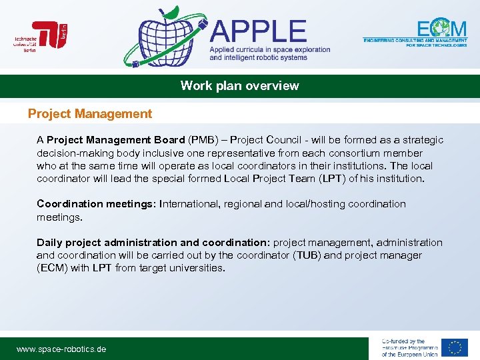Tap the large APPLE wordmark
pyautogui.click(x=259, y=31)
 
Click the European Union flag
pyautogui.click(x=454, y=347)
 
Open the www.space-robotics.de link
pyautogui.click(x=61, y=349)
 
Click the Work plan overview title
pyautogui.click(x=240, y=86)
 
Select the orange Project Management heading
pyautogui.click(x=90, y=114)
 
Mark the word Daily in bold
pyautogui.click(x=49, y=243)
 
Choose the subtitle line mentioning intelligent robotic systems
pyautogui.click(x=259, y=57)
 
